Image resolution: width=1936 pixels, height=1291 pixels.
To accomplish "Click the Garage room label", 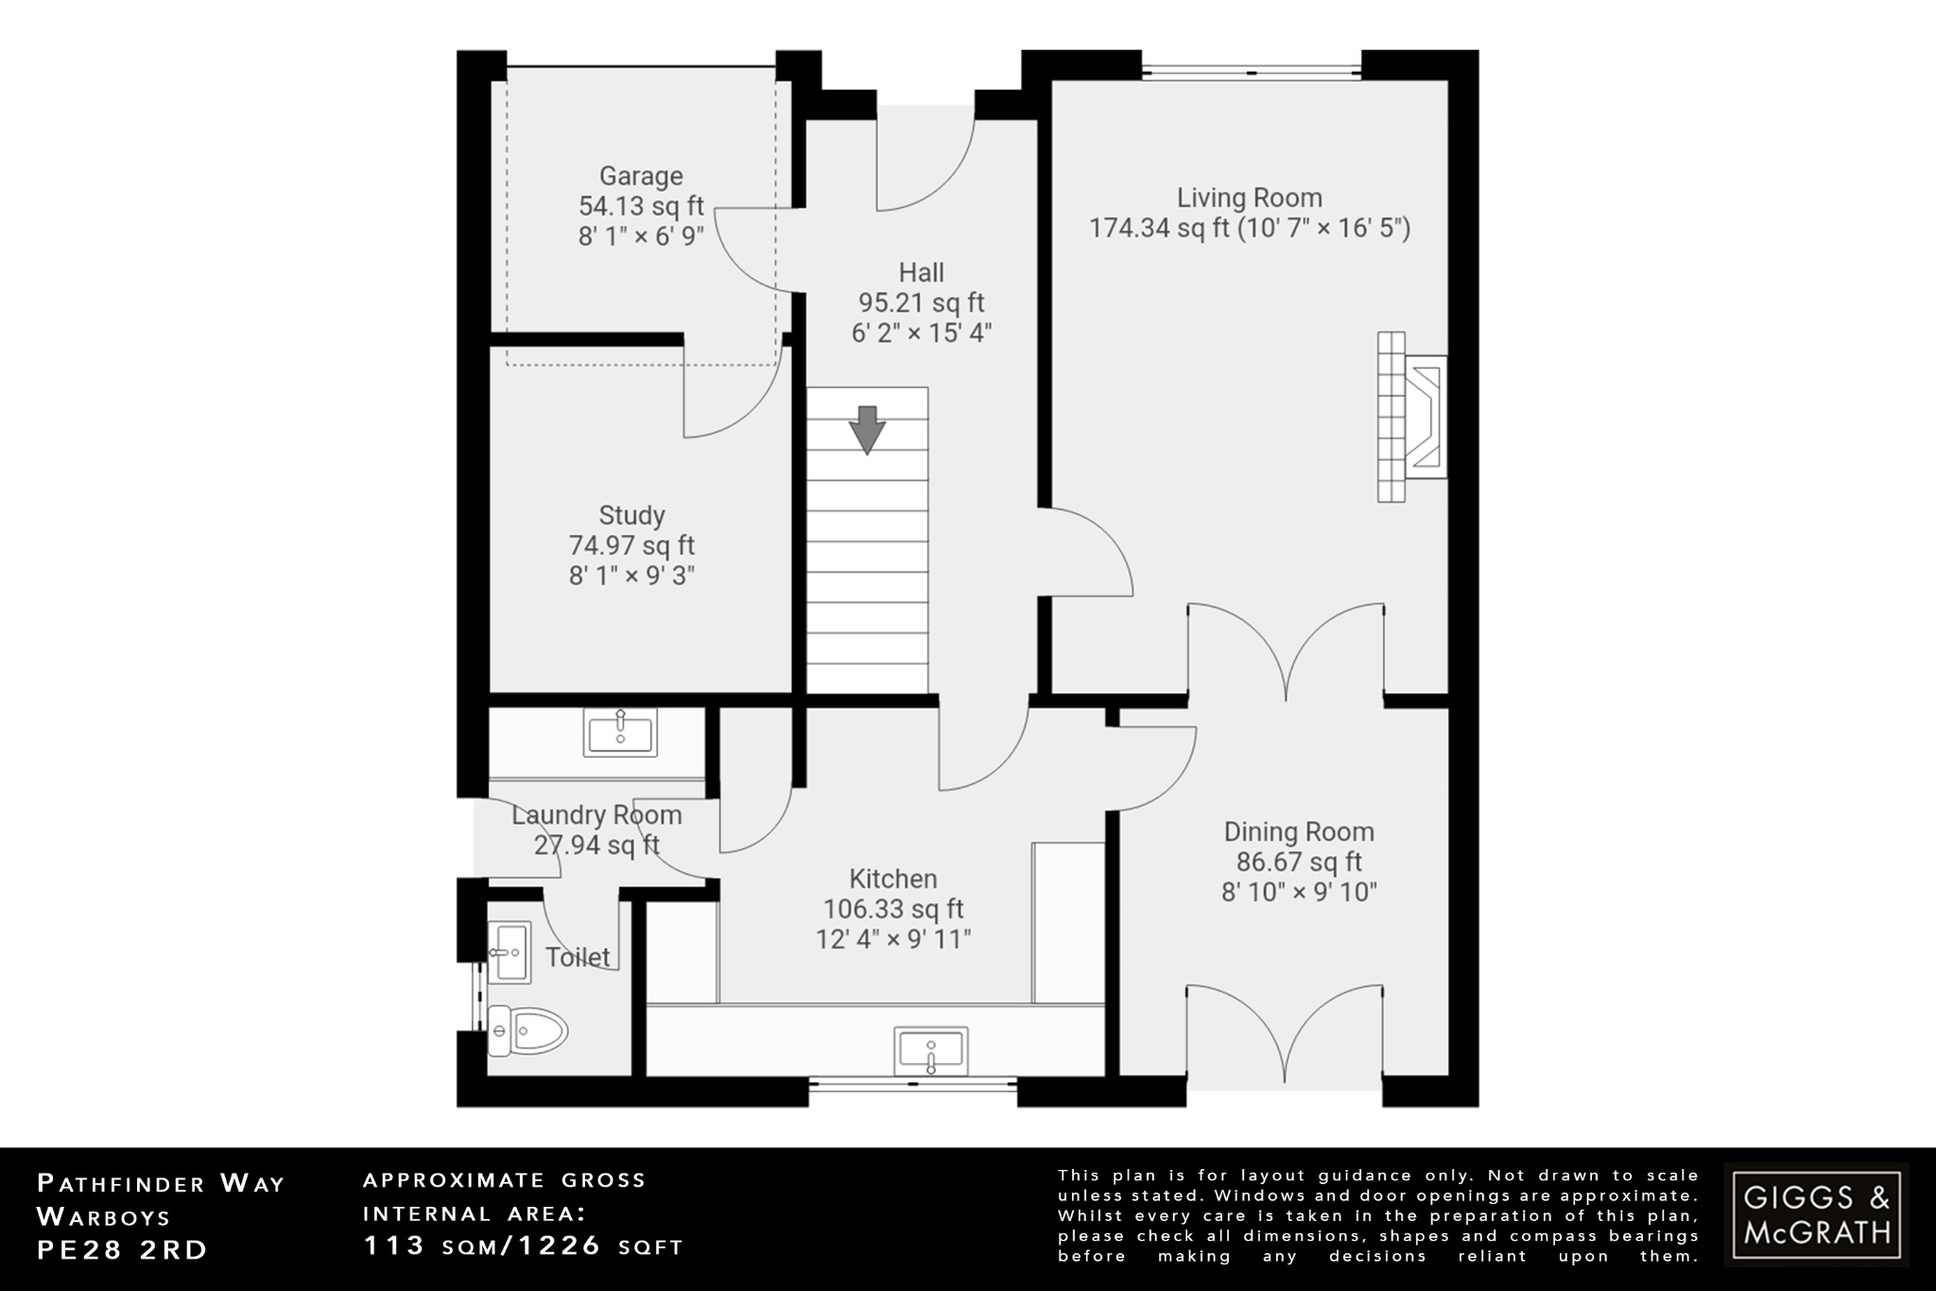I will tap(641, 176).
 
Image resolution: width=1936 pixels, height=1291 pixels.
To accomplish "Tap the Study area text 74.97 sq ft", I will tap(631, 546).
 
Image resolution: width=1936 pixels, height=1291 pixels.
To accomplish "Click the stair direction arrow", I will tap(867, 430).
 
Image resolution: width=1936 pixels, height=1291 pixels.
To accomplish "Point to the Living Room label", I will tap(1249, 198).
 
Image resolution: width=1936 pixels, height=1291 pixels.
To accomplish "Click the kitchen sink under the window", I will tap(931, 1052).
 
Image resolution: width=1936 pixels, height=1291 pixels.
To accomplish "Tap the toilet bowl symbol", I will tap(527, 1031).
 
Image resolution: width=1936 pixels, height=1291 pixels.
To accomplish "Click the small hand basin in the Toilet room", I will tap(508, 951).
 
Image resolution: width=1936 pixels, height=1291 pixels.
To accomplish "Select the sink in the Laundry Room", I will tap(620, 733).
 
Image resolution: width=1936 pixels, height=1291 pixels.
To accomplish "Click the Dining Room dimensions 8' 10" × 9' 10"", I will tap(1299, 892).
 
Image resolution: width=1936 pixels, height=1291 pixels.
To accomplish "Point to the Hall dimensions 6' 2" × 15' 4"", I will tap(921, 333).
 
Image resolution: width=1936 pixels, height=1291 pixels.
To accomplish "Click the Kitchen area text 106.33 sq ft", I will tap(893, 909).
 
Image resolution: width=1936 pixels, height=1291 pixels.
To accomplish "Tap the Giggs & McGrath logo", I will tap(1816, 1214).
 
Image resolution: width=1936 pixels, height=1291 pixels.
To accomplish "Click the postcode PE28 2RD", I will tap(122, 1250).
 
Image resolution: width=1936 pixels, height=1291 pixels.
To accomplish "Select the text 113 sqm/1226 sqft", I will tap(524, 1247).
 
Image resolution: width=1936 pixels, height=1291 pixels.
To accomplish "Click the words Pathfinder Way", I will tap(161, 1183).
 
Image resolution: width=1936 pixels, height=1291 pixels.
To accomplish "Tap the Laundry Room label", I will tap(596, 814).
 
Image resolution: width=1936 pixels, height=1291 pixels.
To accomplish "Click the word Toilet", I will tap(578, 957).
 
